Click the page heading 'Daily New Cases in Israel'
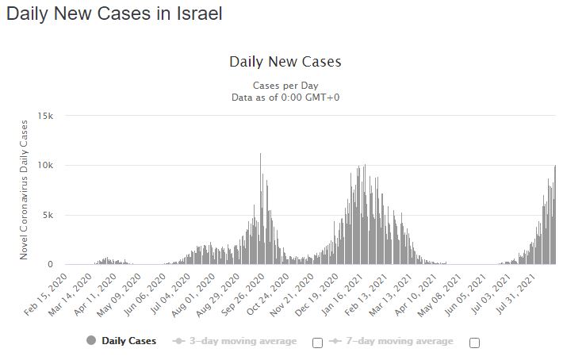(114, 14)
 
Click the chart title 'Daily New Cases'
(285, 62)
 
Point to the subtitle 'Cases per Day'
(285, 85)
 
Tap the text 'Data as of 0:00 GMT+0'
(285, 97)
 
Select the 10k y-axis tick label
(46, 166)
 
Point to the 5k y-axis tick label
(48, 215)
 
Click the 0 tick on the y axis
(51, 264)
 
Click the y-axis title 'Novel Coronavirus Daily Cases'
(25, 190)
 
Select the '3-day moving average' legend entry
(235, 341)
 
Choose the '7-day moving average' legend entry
(392, 341)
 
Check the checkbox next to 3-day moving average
(318, 343)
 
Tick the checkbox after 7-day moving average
(475, 343)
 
